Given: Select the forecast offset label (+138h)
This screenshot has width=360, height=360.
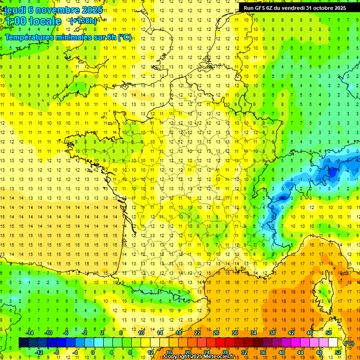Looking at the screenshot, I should (x=83, y=21).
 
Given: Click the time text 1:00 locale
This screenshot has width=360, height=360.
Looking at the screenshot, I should (x=33, y=21).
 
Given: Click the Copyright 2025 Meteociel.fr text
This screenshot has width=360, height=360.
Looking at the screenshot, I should (x=199, y=357).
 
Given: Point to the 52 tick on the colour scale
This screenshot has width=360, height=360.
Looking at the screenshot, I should (x=338, y=352).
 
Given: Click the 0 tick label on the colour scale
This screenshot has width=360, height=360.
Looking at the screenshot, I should (x=93, y=352).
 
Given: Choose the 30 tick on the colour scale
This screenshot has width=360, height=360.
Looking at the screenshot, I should (x=234, y=333).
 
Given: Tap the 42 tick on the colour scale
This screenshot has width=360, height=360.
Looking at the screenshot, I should (x=291, y=333).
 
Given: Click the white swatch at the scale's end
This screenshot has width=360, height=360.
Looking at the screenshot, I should (x=333, y=343).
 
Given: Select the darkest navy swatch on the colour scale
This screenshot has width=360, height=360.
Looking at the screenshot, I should (x=23, y=343).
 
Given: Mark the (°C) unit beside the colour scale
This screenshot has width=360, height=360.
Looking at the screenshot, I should (x=349, y=343).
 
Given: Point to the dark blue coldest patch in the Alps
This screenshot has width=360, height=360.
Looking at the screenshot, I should (x=332, y=172).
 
